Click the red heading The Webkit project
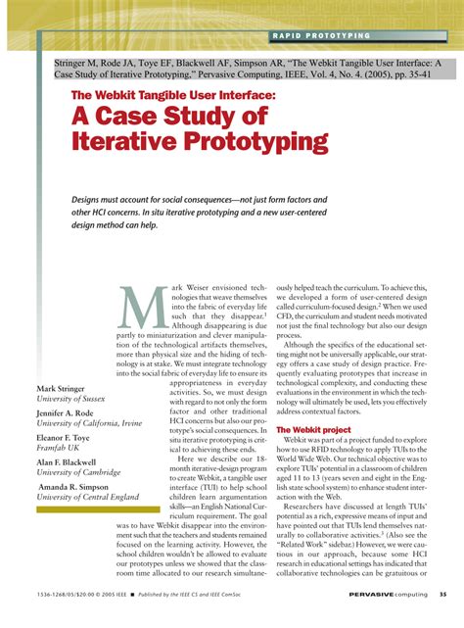(313, 429)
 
